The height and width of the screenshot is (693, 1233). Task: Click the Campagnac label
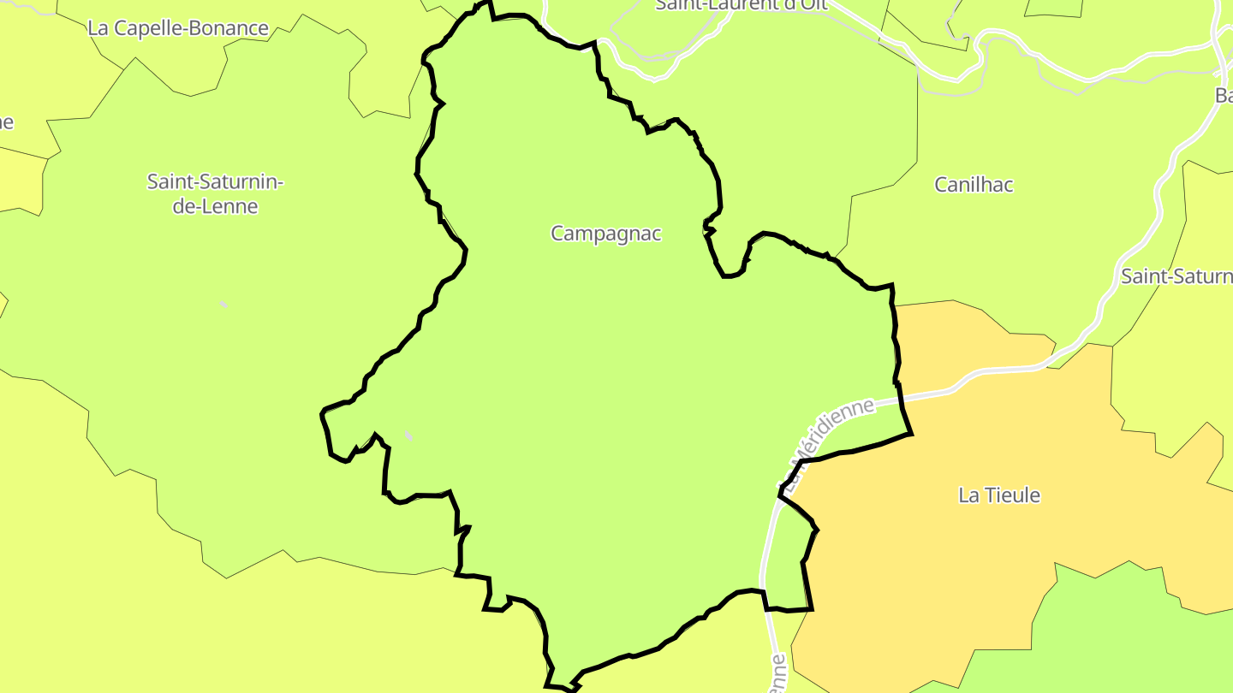point(605,234)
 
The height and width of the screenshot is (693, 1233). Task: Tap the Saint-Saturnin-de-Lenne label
point(215,194)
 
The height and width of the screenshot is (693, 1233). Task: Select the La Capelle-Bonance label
point(178,28)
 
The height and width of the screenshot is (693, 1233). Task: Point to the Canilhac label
point(974,185)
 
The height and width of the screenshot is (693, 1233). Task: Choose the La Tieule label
point(999,495)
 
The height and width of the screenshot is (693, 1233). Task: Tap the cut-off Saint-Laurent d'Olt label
point(740,5)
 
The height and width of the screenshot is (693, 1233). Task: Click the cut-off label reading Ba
point(1224,95)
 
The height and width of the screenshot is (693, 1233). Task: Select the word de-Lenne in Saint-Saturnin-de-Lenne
point(215,206)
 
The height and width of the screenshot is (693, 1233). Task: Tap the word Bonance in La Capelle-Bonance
point(226,28)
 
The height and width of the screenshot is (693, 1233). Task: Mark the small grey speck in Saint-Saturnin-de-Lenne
point(223,304)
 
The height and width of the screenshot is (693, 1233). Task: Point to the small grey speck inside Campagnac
point(409,437)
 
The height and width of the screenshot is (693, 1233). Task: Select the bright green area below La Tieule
point(1130,633)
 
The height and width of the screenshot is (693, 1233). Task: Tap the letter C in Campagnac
point(557,234)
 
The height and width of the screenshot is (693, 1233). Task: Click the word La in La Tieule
point(968,495)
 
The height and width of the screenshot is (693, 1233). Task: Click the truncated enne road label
point(777,676)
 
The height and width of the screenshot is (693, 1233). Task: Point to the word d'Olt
point(801,5)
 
